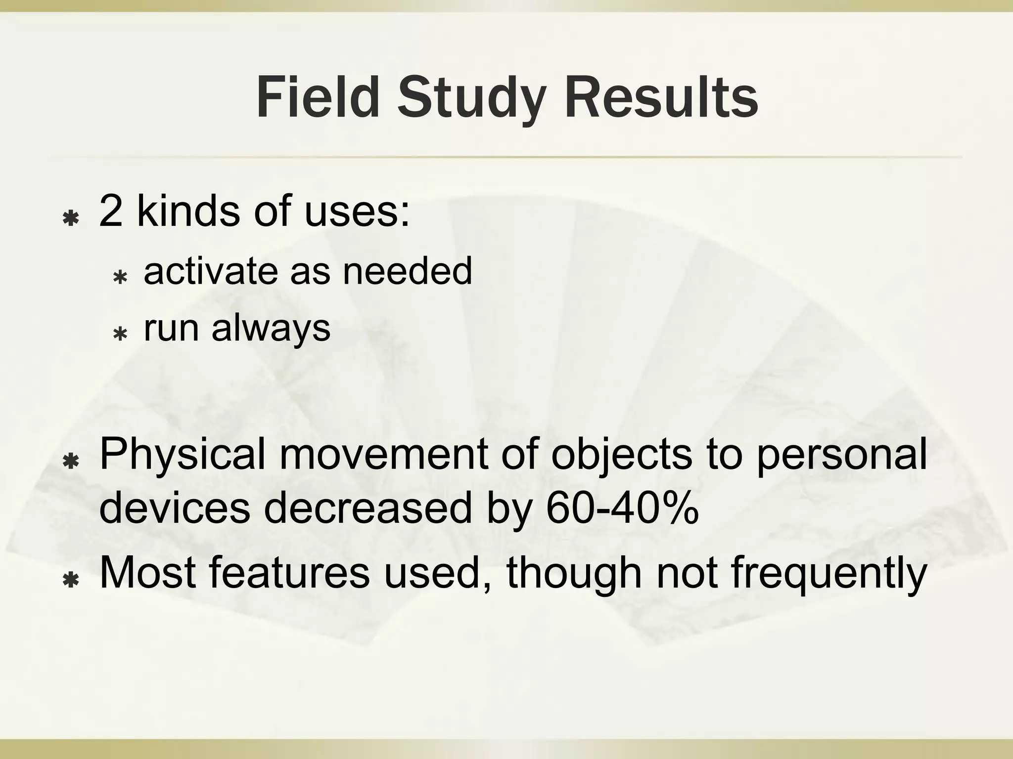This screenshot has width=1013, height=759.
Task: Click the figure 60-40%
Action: point(622,508)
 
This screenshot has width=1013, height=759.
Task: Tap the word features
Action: point(289,573)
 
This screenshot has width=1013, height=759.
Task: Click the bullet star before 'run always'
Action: point(120,335)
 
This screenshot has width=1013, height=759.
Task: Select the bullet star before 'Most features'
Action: point(72,581)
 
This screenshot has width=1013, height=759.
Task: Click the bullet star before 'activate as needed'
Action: point(120,278)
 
